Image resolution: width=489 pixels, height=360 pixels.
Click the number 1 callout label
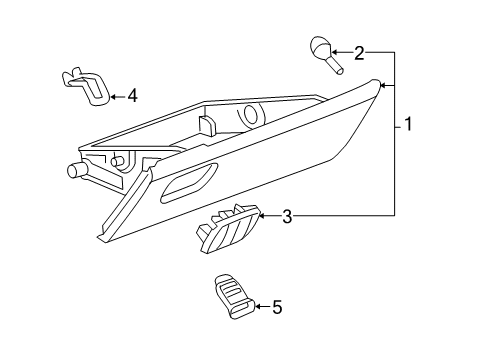click(x=409, y=127)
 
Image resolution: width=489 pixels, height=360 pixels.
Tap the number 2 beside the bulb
click(x=359, y=52)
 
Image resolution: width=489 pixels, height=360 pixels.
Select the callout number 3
click(x=286, y=216)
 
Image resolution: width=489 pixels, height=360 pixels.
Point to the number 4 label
click(x=132, y=96)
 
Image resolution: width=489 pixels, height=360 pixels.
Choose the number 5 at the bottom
click(x=277, y=307)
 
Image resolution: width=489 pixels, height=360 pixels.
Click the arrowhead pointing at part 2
click(x=335, y=52)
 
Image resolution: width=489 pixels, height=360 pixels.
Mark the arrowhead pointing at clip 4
click(x=112, y=96)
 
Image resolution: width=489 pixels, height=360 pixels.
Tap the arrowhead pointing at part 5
click(x=256, y=307)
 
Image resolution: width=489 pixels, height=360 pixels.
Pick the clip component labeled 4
click(x=89, y=86)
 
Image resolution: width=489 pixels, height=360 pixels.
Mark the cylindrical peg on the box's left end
click(x=74, y=170)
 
